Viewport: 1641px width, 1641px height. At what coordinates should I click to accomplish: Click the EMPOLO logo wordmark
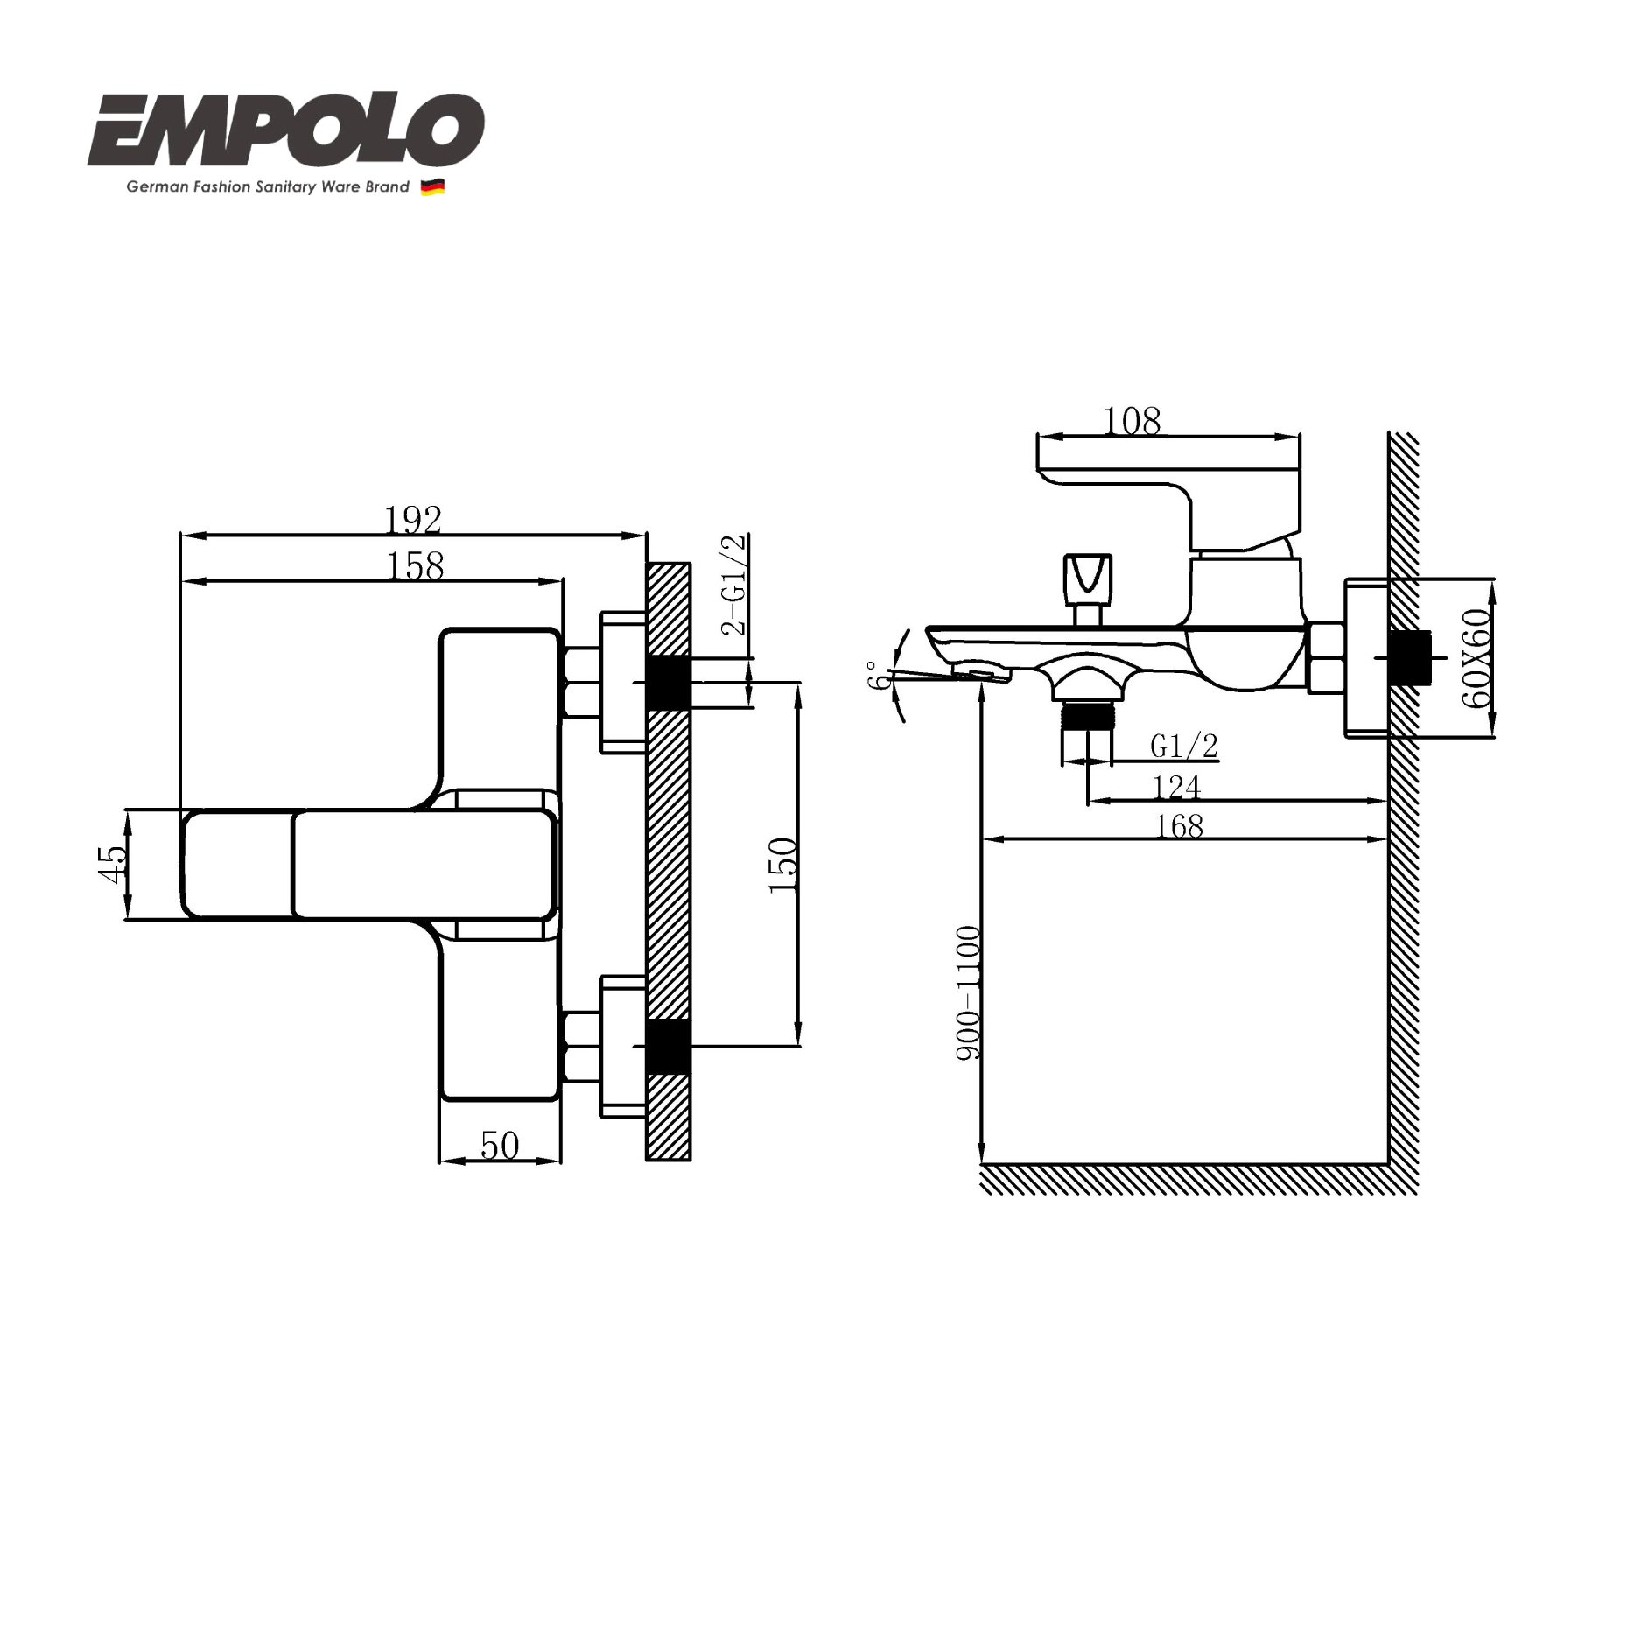[286, 131]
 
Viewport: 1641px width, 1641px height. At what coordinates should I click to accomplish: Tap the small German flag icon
[432, 186]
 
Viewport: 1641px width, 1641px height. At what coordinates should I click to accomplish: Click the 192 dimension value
[413, 520]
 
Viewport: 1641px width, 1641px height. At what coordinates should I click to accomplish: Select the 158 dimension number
[415, 566]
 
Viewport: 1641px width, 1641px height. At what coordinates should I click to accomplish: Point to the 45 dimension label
[113, 864]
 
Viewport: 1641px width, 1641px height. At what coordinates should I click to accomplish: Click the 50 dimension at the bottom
[500, 1146]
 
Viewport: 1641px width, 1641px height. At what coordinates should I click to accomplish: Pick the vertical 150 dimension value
[783, 865]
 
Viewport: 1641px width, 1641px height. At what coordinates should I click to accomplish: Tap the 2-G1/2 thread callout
[733, 584]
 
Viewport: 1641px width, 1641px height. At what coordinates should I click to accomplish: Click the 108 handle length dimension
[1132, 422]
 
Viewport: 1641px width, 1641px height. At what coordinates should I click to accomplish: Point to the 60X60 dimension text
[1476, 657]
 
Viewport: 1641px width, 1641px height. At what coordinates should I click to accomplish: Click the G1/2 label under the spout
[1183, 746]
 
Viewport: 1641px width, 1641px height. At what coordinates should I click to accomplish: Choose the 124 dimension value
[1175, 788]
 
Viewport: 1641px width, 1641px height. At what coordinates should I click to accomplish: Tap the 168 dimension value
[1179, 826]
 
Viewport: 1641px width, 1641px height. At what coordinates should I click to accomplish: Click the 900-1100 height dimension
[969, 992]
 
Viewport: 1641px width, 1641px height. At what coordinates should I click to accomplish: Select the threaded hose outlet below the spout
[1086, 717]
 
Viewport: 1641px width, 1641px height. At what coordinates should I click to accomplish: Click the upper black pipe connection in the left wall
[668, 682]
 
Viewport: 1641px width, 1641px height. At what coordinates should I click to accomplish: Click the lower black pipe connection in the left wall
[668, 1046]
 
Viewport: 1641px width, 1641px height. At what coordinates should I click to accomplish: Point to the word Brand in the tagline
[388, 186]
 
